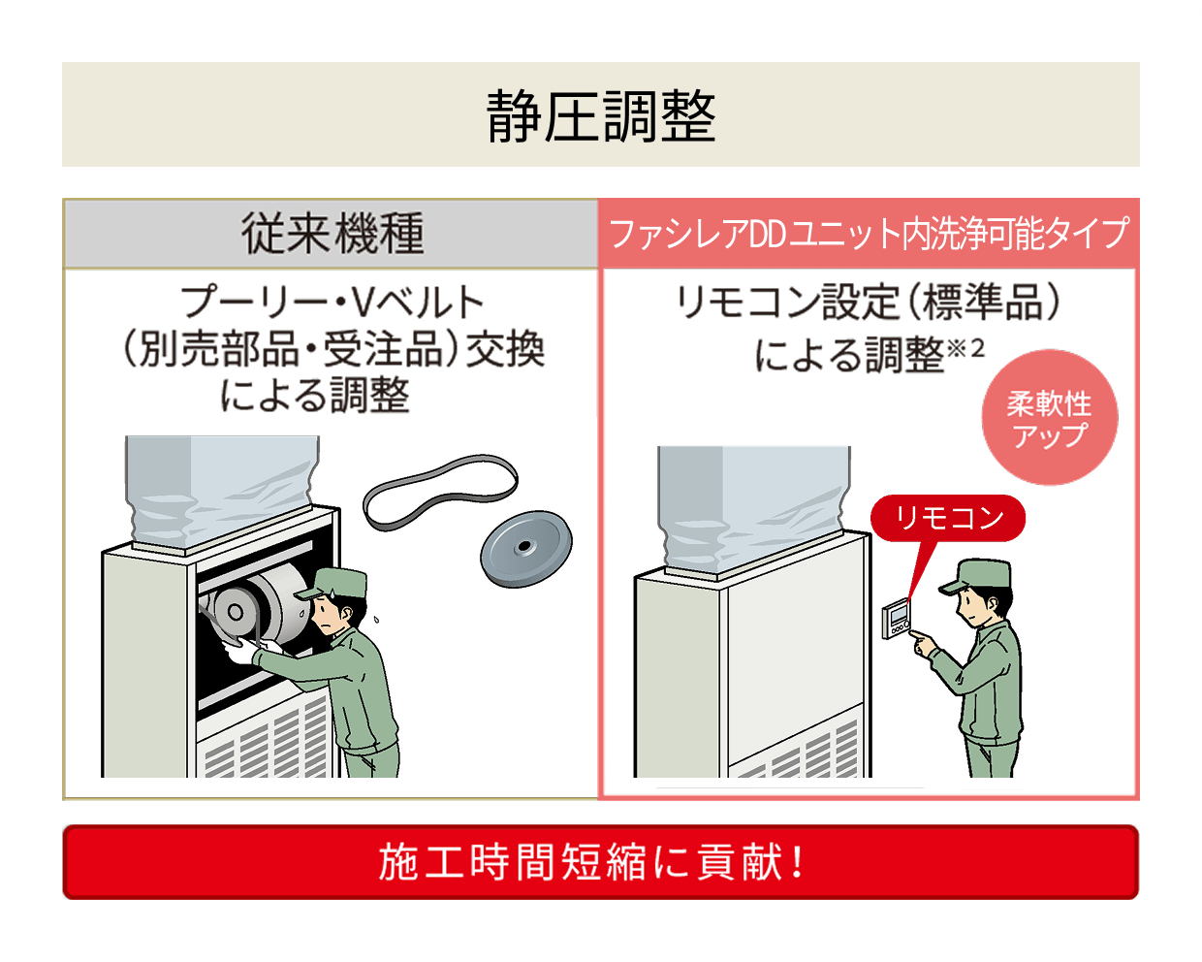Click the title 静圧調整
[601, 116]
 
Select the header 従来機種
[332, 234]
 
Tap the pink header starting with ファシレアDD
[869, 234]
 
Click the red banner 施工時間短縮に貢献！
[600, 862]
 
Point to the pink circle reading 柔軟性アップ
[1050, 418]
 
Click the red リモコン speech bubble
[947, 519]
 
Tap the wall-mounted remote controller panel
[897, 620]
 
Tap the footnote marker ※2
[965, 348]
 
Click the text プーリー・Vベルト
[332, 303]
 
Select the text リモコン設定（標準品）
[869, 303]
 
